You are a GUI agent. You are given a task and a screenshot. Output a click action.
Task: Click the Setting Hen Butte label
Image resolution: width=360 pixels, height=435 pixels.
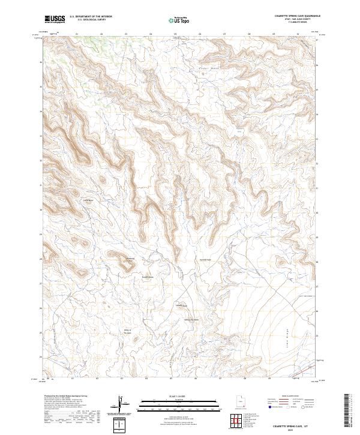190,320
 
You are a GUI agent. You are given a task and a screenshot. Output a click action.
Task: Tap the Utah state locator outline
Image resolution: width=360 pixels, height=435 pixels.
238,404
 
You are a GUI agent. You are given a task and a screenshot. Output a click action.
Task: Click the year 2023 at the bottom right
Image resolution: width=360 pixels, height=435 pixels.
292,428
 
